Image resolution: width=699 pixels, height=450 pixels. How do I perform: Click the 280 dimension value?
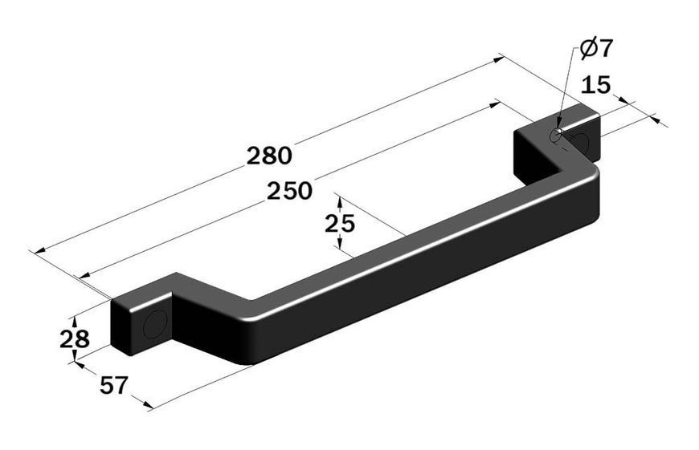pyautogui.click(x=269, y=156)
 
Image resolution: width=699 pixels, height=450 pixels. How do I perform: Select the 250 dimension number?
pyautogui.click(x=289, y=191)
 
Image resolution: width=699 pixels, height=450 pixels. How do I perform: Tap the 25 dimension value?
pyautogui.click(x=340, y=224)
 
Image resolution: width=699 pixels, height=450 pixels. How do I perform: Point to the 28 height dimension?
pyautogui.click(x=75, y=339)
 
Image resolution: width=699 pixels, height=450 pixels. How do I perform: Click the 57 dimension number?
pyautogui.click(x=114, y=385)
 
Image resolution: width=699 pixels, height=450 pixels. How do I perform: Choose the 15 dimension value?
pyautogui.click(x=595, y=84)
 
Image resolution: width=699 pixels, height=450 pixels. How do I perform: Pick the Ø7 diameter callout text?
pyautogui.click(x=596, y=48)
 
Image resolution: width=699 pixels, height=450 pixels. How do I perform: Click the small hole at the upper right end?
pyautogui.click(x=555, y=135)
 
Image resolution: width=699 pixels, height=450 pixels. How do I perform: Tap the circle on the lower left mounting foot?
pyautogui.click(x=155, y=323)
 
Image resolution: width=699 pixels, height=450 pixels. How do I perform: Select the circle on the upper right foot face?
pyautogui.click(x=580, y=140)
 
